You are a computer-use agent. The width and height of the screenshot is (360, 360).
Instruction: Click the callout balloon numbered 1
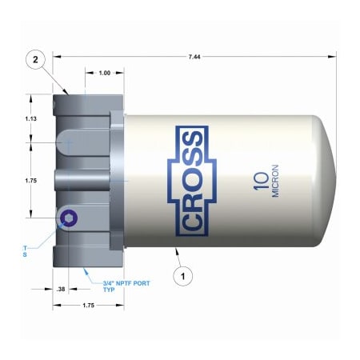[185, 277]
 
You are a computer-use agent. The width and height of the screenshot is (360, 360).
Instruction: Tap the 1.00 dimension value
[104, 74]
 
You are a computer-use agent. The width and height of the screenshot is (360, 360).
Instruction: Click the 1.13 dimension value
[31, 118]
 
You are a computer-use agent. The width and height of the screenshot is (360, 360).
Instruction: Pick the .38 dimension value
[61, 289]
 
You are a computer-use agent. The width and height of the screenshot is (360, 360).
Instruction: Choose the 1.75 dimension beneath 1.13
[31, 180]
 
